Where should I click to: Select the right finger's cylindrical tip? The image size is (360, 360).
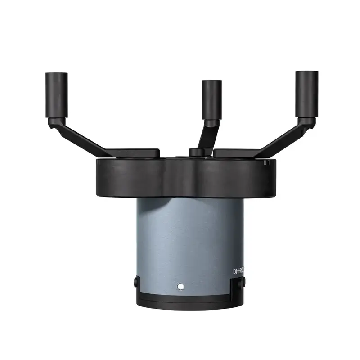click(x=306, y=93)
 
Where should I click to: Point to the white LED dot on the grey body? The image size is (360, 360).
click(x=180, y=286)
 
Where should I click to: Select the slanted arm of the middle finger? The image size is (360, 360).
click(x=208, y=135)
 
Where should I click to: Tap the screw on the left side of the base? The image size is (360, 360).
click(x=135, y=282)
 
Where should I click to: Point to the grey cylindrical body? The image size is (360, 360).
click(x=189, y=238)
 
